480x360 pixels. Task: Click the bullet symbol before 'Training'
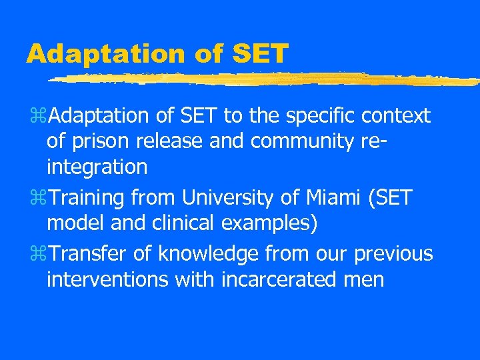point(43,199)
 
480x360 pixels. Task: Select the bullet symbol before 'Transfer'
point(43,255)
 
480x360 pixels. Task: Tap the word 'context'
point(397,117)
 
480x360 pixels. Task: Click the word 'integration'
point(97,167)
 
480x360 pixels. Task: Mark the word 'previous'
point(393,254)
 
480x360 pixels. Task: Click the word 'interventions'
point(107,279)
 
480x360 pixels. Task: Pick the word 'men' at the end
point(365,280)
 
